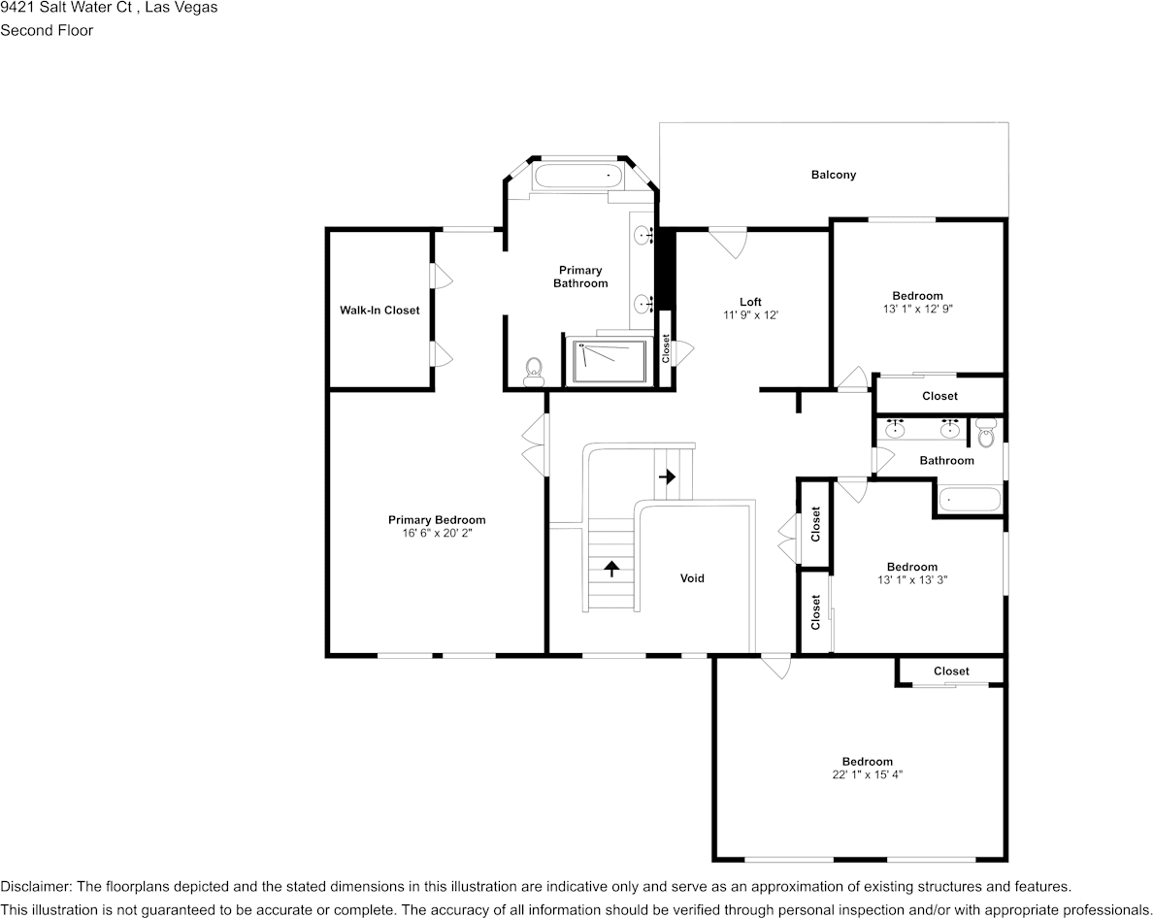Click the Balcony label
pyautogui.click(x=833, y=175)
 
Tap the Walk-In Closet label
pyautogui.click(x=379, y=311)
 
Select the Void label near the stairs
pyautogui.click(x=692, y=578)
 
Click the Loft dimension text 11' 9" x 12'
pyautogui.click(x=750, y=315)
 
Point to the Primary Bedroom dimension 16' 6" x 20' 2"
pyautogui.click(x=437, y=534)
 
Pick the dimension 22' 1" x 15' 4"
pyautogui.click(x=867, y=774)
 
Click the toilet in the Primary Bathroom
pyautogui.click(x=532, y=372)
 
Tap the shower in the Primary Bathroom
pyautogui.click(x=609, y=361)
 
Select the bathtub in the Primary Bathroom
pyautogui.click(x=578, y=177)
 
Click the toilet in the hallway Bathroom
pyautogui.click(x=986, y=433)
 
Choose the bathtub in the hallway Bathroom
pyautogui.click(x=968, y=501)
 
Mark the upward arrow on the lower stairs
pyautogui.click(x=611, y=569)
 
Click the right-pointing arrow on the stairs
pyautogui.click(x=668, y=476)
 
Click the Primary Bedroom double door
pyautogui.click(x=534, y=444)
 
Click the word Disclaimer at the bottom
pyautogui.click(x=34, y=887)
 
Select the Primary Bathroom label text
pyautogui.click(x=580, y=277)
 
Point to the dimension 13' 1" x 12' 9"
pyautogui.click(x=917, y=310)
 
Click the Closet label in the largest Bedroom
pyautogui.click(x=951, y=672)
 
